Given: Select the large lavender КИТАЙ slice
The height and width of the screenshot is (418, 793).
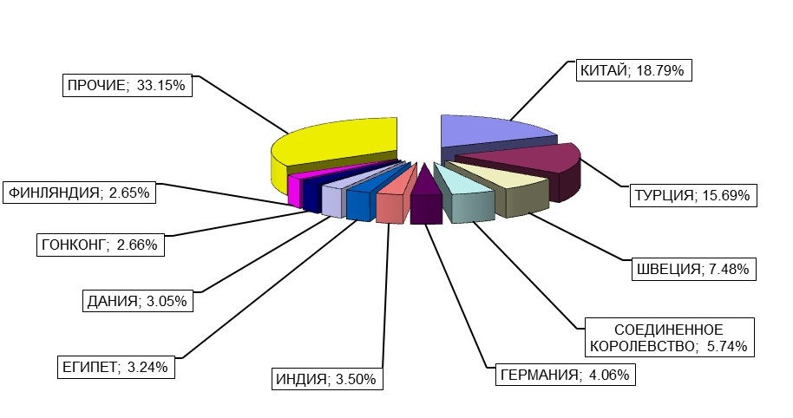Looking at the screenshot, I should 486,131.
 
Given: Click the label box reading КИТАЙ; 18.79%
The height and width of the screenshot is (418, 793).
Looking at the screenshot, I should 633,71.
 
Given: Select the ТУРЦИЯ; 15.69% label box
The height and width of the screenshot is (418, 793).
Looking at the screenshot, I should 694,196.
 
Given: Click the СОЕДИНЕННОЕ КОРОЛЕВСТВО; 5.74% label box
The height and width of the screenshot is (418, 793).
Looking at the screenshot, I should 668,338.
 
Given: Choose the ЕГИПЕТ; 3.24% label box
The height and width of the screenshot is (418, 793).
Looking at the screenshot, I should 115,367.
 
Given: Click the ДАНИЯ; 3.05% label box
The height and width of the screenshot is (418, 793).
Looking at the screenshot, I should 136,301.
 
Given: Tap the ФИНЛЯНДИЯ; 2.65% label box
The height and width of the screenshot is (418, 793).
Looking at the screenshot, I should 81,193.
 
